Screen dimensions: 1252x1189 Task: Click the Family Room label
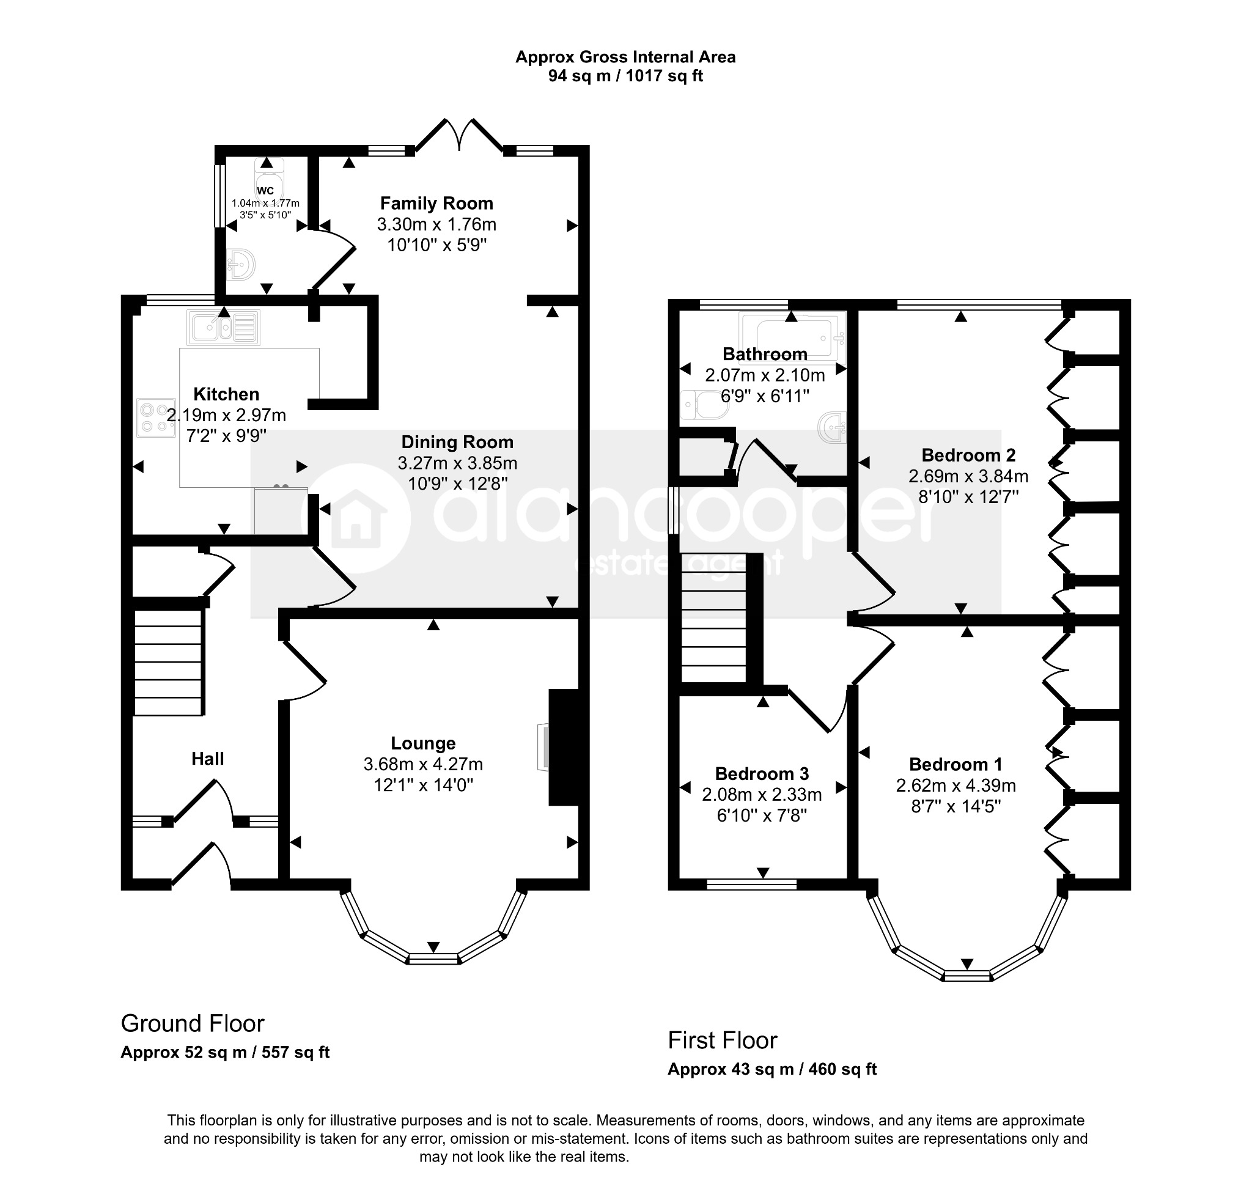pos(436,204)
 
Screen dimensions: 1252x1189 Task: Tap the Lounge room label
pos(423,743)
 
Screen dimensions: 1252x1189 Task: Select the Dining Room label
pos(457,443)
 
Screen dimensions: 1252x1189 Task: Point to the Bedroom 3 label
pos(762,774)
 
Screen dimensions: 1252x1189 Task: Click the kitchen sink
pos(224,328)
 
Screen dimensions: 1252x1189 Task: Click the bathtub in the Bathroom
pos(792,334)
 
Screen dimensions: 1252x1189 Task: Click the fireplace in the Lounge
pos(563,747)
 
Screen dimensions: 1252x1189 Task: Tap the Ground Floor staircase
pos(168,661)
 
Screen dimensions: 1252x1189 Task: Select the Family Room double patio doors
pos(459,134)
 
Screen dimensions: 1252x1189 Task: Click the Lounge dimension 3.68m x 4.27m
pos(423,764)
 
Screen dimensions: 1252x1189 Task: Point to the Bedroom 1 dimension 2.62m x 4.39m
pos(956,786)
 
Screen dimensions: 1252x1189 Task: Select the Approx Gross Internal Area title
pos(625,57)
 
